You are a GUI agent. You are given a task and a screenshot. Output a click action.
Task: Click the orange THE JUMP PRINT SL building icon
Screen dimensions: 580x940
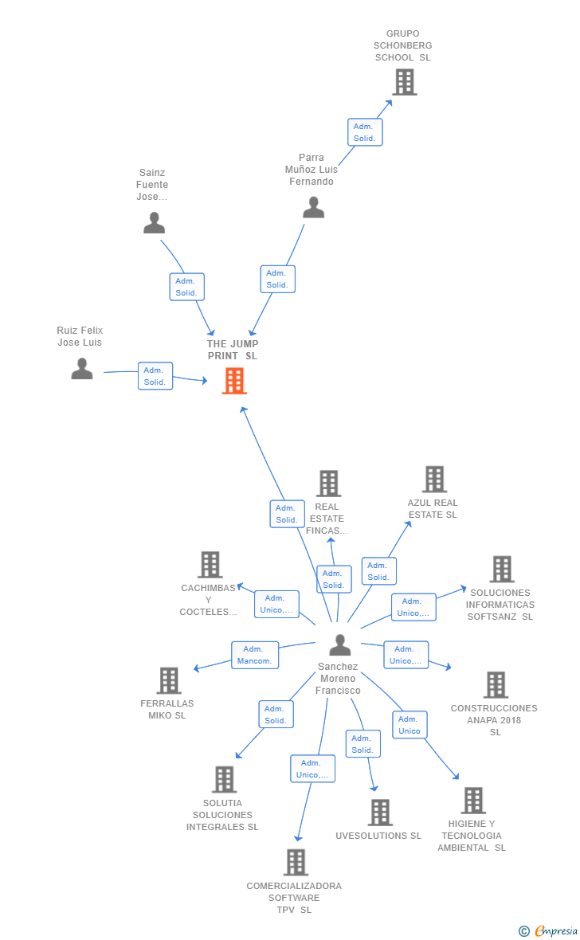click(x=234, y=381)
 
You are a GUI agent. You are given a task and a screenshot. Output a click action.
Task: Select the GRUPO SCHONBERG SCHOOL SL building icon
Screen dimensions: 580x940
click(x=404, y=82)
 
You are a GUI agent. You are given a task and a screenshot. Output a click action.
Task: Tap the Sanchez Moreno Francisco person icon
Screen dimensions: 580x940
click(x=340, y=645)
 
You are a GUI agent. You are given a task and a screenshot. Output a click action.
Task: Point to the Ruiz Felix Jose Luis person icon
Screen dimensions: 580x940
click(x=82, y=369)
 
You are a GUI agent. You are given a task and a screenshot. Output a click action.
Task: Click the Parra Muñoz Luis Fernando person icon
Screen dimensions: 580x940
click(x=313, y=207)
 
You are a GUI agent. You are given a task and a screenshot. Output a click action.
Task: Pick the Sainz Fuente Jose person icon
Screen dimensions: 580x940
click(x=154, y=223)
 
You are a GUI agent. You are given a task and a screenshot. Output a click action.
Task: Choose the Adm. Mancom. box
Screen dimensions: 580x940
click(x=255, y=656)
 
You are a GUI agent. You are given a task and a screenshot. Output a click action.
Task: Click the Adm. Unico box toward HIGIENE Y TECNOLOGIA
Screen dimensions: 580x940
click(x=409, y=725)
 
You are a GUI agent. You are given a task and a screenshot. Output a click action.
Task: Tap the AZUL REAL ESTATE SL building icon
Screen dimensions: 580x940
click(x=434, y=479)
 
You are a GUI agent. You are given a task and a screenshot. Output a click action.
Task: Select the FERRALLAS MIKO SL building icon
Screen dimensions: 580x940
click(x=169, y=680)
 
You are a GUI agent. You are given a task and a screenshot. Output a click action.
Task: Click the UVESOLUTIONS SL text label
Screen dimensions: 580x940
click(x=378, y=836)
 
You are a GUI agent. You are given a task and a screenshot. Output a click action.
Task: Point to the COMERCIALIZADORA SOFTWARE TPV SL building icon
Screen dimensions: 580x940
click(x=296, y=862)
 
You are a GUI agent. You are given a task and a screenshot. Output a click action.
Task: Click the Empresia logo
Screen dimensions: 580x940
click(x=548, y=930)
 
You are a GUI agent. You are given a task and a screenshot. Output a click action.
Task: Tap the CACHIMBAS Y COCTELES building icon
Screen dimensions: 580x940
click(x=210, y=565)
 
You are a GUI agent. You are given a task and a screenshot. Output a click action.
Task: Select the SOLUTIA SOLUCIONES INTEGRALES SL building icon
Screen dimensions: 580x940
click(x=225, y=779)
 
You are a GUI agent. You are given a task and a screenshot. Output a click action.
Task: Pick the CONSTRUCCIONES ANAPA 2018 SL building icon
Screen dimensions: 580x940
click(x=496, y=684)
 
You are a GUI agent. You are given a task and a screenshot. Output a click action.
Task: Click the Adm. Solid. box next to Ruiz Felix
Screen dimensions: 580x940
click(x=155, y=376)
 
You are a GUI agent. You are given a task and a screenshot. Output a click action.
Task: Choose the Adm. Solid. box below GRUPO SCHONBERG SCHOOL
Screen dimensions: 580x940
click(x=365, y=132)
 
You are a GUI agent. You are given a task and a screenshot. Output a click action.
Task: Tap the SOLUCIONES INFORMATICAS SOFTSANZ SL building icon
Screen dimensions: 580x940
click(x=502, y=569)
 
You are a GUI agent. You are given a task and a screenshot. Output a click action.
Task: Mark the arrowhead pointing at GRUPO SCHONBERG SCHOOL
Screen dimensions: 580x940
click(x=390, y=103)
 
